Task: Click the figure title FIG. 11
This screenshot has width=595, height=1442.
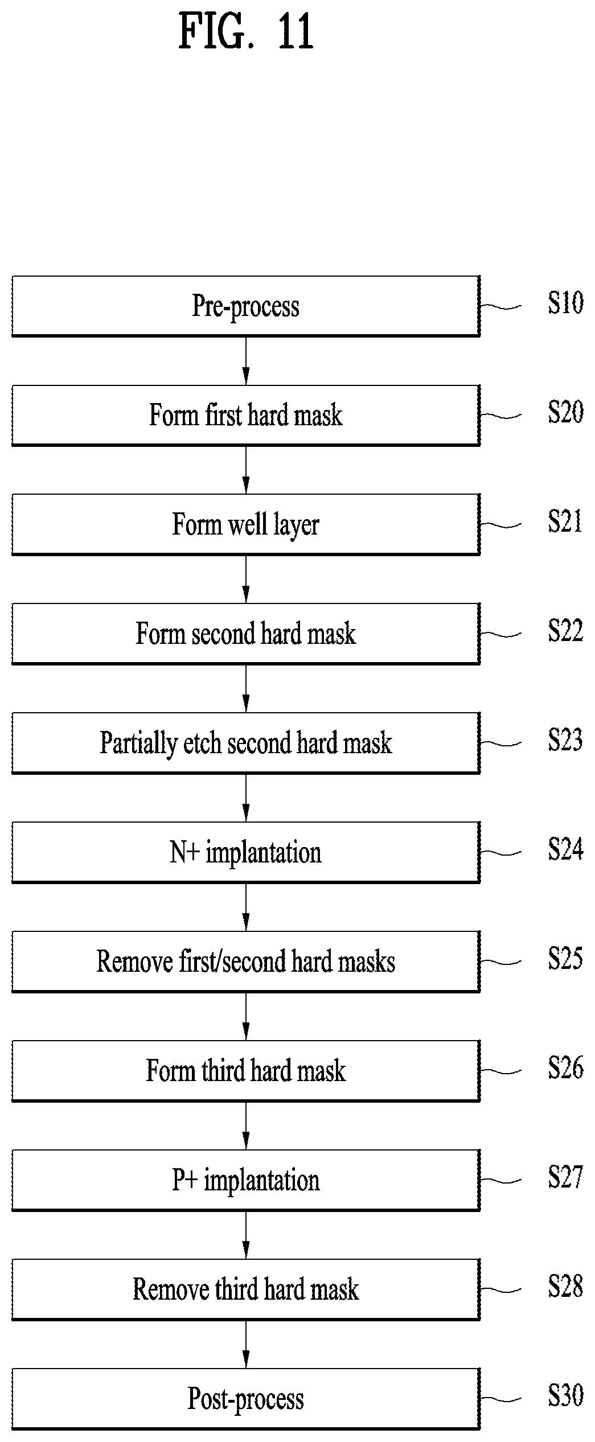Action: coord(246,31)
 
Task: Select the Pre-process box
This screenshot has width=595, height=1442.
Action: coord(245,306)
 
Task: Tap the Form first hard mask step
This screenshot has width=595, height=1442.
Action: coord(245,416)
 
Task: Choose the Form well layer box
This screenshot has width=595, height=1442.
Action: coord(245,524)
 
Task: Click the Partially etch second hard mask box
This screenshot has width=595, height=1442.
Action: coord(245,743)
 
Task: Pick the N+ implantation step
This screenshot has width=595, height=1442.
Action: coord(245,852)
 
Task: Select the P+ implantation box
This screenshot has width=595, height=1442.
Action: coord(245,1180)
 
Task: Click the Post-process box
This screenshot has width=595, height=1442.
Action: coord(245,1399)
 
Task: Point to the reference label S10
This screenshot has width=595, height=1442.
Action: coord(565,303)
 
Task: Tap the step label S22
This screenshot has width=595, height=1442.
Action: coord(565,631)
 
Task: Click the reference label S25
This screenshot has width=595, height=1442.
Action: coord(565,959)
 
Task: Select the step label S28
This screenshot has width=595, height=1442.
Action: coord(565,1287)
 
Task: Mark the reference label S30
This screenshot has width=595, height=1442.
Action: coord(565,1396)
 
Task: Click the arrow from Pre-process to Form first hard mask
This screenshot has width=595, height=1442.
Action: coord(246,361)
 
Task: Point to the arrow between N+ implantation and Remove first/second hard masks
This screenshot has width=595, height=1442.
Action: coord(246,907)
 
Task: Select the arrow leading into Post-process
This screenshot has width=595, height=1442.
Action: coord(246,1345)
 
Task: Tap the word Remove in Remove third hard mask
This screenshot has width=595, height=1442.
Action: coord(171,1289)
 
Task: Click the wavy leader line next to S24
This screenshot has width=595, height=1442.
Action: coord(500,853)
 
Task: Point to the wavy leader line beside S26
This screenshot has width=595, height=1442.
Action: coord(500,1071)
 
